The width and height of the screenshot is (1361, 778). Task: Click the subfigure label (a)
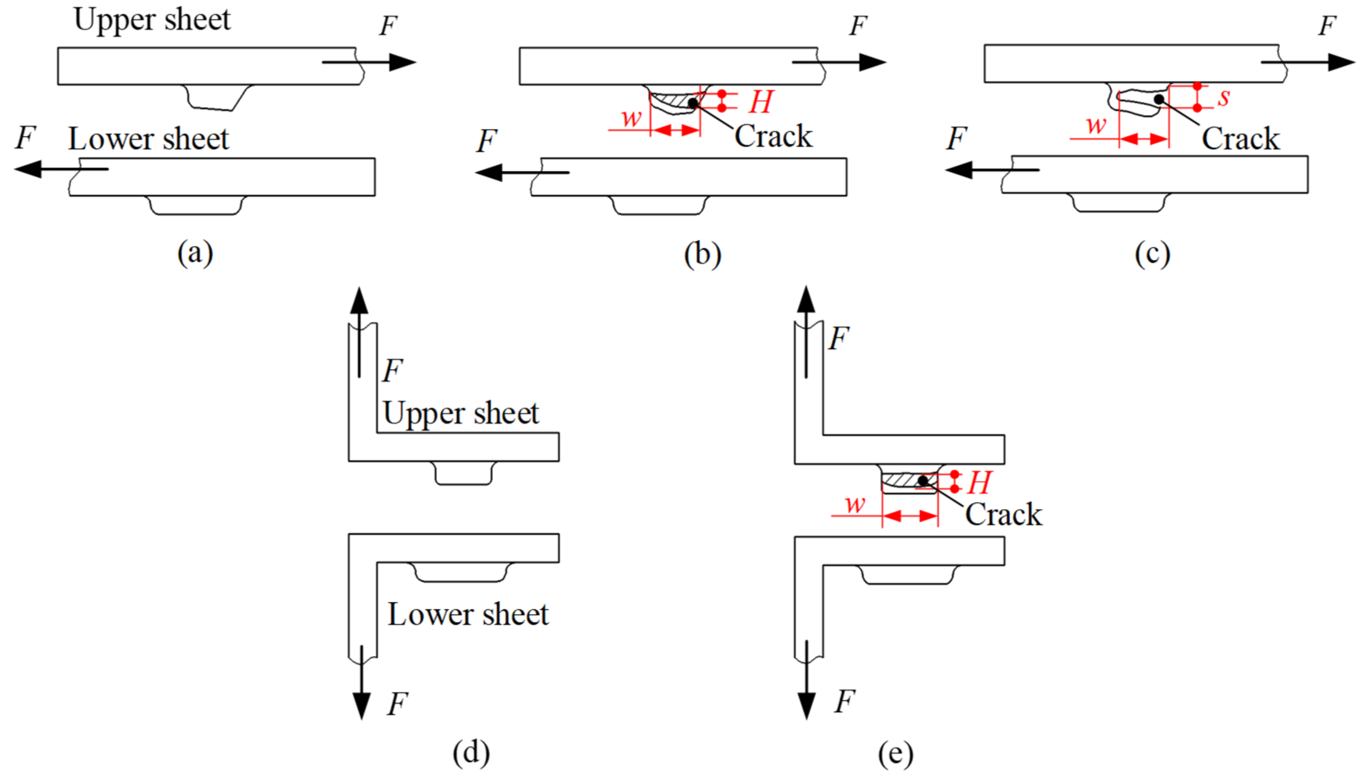(x=195, y=253)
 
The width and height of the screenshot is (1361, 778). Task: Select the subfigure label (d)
(x=471, y=752)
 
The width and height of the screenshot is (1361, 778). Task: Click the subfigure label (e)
(x=895, y=754)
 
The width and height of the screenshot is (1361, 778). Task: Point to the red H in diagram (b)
(x=760, y=101)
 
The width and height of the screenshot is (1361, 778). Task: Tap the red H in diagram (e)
(x=979, y=483)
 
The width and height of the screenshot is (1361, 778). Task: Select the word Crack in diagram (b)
(x=773, y=137)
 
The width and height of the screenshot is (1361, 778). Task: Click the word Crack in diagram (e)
(x=1003, y=514)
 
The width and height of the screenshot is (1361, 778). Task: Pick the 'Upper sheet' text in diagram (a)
(x=152, y=20)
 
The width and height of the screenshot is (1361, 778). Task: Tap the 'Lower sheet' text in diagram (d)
(x=468, y=615)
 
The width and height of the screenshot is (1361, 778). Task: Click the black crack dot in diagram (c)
(x=1158, y=99)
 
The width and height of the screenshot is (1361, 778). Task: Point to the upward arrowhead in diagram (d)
(x=359, y=300)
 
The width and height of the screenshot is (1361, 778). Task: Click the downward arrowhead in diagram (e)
(x=806, y=705)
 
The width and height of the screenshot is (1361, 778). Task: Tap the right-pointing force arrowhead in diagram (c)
(x=1341, y=63)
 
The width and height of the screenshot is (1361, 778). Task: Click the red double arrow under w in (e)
(x=910, y=516)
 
